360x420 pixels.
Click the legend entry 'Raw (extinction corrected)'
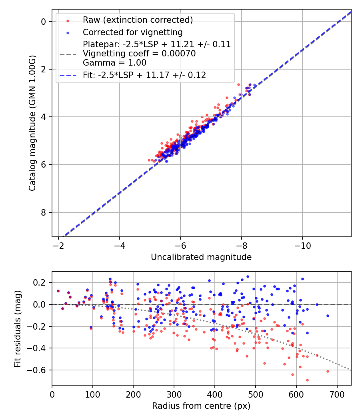pos(138,20)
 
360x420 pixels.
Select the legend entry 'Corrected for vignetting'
pos(132,32)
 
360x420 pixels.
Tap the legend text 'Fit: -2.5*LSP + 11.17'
pos(144,75)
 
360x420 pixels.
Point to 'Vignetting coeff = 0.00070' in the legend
pos(139,54)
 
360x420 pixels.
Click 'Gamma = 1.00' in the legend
pos(114,63)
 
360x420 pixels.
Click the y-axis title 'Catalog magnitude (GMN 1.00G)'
pos(32,123)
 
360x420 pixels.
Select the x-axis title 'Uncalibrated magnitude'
pos(201,257)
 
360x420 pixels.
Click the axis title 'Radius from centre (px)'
pos(201,406)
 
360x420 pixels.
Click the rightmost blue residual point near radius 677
pos(328,316)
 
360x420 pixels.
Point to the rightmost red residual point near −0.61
pos(328,371)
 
